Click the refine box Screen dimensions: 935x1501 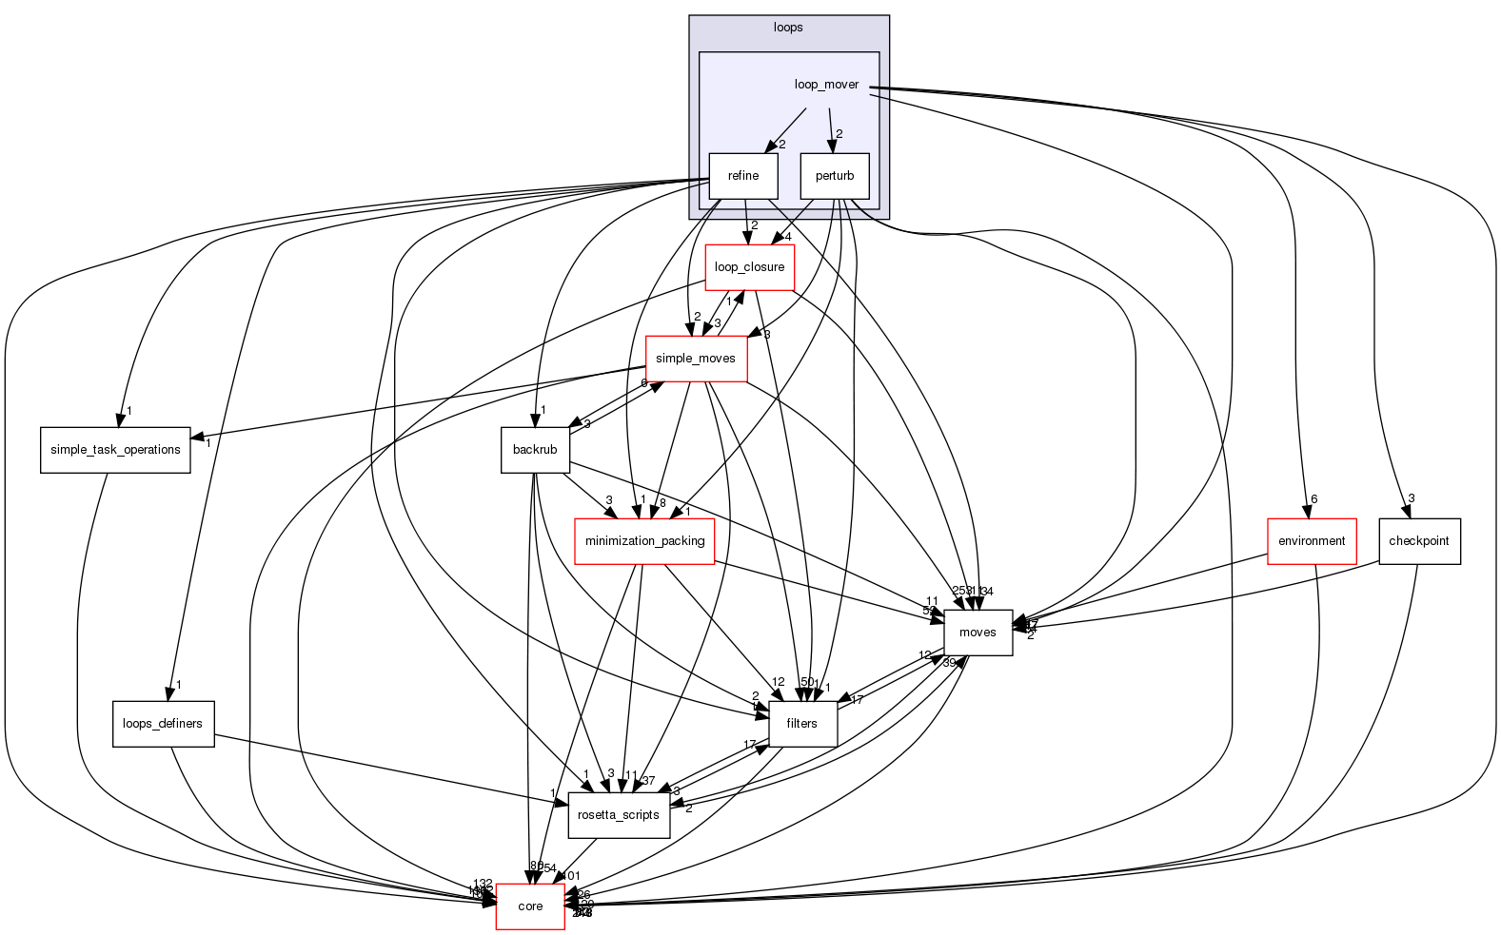coord(742,176)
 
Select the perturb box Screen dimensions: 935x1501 coord(834,176)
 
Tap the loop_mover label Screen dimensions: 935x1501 coord(826,85)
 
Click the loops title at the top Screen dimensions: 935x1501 coord(787,28)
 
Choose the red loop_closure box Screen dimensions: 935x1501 coord(749,267)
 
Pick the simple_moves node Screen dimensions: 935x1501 coord(696,359)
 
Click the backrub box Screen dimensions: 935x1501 coord(535,450)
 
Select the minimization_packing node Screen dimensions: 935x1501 coord(644,541)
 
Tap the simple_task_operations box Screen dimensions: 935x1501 coord(115,450)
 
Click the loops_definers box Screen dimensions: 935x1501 coord(163,724)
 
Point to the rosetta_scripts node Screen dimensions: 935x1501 coord(619,815)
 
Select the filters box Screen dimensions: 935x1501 coord(801,724)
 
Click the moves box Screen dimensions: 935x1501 coord(977,633)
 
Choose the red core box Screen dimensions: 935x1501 coord(530,906)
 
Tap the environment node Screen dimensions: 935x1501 coord(1312,541)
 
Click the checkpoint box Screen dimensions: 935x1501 coord(1418,541)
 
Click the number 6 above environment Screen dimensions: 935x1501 coord(1313,499)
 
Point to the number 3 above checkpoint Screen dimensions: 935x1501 coord(1412,498)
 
